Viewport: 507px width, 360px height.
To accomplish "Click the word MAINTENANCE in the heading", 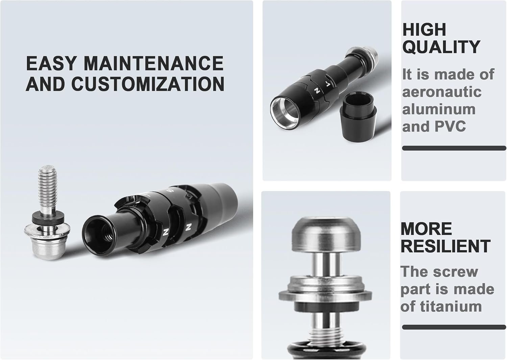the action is coord(154,63).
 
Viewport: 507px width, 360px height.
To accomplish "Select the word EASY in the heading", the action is coord(51,63).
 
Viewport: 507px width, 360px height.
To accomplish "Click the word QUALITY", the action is coord(441,47).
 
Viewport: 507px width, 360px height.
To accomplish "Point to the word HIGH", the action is coord(424,29).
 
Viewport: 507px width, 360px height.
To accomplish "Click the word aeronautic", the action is coord(442,92).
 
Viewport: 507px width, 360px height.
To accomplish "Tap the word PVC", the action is coord(450,126).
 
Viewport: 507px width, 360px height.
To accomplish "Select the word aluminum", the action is coord(439,109).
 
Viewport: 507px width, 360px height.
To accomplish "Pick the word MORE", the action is coord(426,229).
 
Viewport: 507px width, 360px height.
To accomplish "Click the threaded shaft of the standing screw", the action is coord(47,188).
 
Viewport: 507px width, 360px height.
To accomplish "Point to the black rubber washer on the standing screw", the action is coord(48,218).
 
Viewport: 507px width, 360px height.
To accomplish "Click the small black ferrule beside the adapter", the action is coord(359,117).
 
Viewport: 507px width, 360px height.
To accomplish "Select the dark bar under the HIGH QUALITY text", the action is coord(454,148).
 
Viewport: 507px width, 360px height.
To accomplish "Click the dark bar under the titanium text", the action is coord(454,327).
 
